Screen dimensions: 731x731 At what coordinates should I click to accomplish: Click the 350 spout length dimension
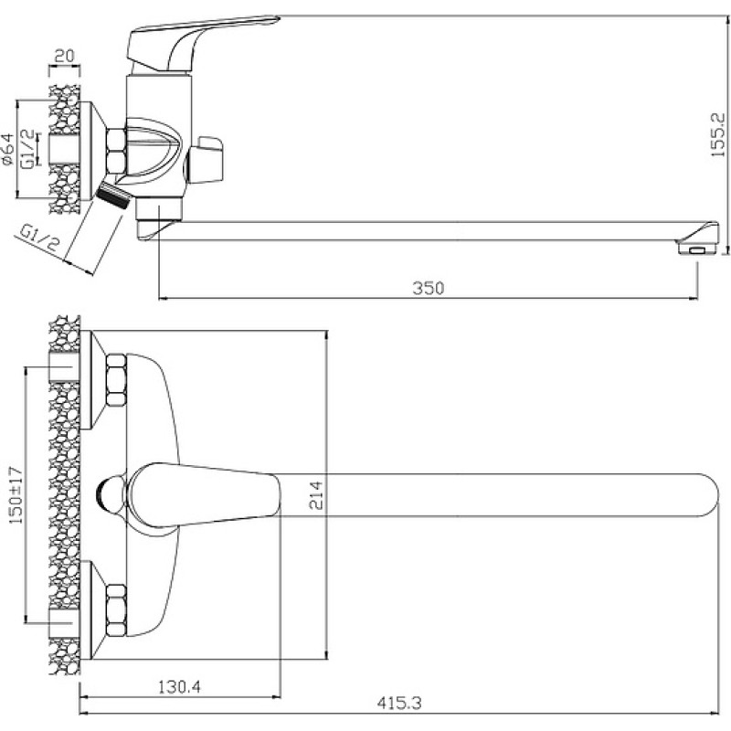(428, 288)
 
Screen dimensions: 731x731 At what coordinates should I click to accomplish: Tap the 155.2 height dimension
(718, 134)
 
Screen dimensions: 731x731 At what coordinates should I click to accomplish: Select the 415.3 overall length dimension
(399, 703)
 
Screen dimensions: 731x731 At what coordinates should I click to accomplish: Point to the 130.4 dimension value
(179, 687)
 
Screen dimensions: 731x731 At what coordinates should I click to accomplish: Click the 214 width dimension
(316, 495)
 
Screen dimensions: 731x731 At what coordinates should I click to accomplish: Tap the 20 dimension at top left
(64, 56)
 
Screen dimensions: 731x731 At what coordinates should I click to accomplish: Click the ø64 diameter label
(8, 149)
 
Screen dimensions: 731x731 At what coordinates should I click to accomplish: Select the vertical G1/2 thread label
(29, 148)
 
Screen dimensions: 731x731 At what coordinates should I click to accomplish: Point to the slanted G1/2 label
(39, 238)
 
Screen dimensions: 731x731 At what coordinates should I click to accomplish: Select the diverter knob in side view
(205, 159)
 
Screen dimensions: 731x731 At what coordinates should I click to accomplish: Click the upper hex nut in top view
(116, 379)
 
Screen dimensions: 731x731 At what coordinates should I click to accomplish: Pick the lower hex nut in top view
(116, 610)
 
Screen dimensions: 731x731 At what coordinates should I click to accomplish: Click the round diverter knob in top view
(111, 495)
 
